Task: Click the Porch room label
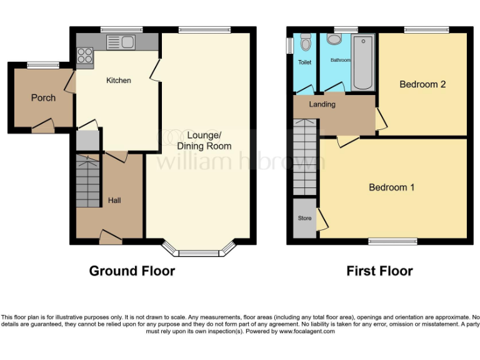(x=43, y=97)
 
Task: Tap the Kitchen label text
(x=119, y=81)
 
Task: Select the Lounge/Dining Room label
(x=204, y=141)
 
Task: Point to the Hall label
(x=114, y=201)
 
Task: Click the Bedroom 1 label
(x=391, y=187)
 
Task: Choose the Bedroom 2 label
(x=422, y=84)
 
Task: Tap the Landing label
(x=322, y=104)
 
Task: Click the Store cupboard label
(x=304, y=218)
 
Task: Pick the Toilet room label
(x=304, y=62)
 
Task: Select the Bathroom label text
(x=341, y=60)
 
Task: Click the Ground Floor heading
(x=132, y=271)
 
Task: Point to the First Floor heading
(x=379, y=271)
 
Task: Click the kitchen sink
(x=122, y=42)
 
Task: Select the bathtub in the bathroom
(x=362, y=62)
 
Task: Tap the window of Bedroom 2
(x=426, y=29)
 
